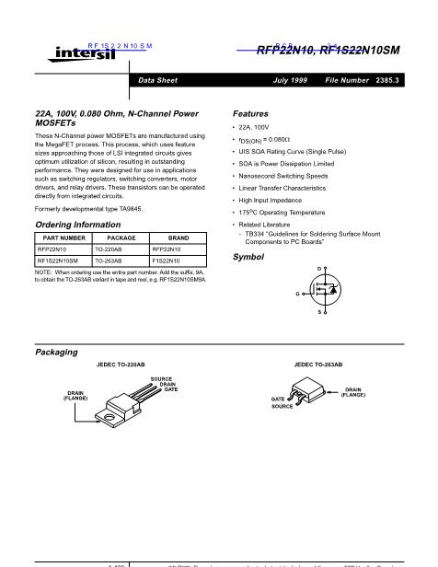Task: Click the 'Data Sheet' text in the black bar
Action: (x=157, y=81)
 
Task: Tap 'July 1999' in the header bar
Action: (x=293, y=81)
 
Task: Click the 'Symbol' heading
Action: (x=248, y=256)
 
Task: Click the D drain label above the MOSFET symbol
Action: (x=318, y=268)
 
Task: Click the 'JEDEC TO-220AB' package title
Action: (x=120, y=365)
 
